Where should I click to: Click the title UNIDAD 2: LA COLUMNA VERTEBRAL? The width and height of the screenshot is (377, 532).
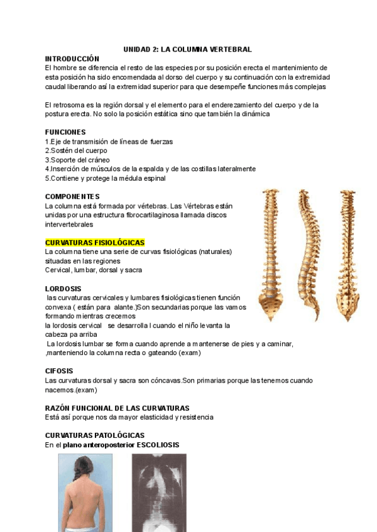[x=188, y=49]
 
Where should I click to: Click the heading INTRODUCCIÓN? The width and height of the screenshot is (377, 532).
[x=72, y=58]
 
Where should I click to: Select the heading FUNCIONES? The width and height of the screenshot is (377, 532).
[x=65, y=132]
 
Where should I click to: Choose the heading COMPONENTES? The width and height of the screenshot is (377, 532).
[x=72, y=196]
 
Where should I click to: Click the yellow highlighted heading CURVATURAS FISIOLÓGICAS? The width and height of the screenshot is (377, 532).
[x=95, y=242]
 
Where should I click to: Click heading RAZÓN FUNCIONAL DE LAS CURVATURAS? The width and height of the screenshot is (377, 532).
[x=117, y=408]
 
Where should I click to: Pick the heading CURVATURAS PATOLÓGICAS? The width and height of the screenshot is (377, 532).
[x=95, y=435]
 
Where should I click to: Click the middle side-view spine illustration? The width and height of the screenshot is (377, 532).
[x=307, y=252]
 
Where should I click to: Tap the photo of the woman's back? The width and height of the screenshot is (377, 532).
[x=85, y=492]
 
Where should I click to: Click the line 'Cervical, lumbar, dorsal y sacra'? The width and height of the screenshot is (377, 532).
[x=93, y=270]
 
